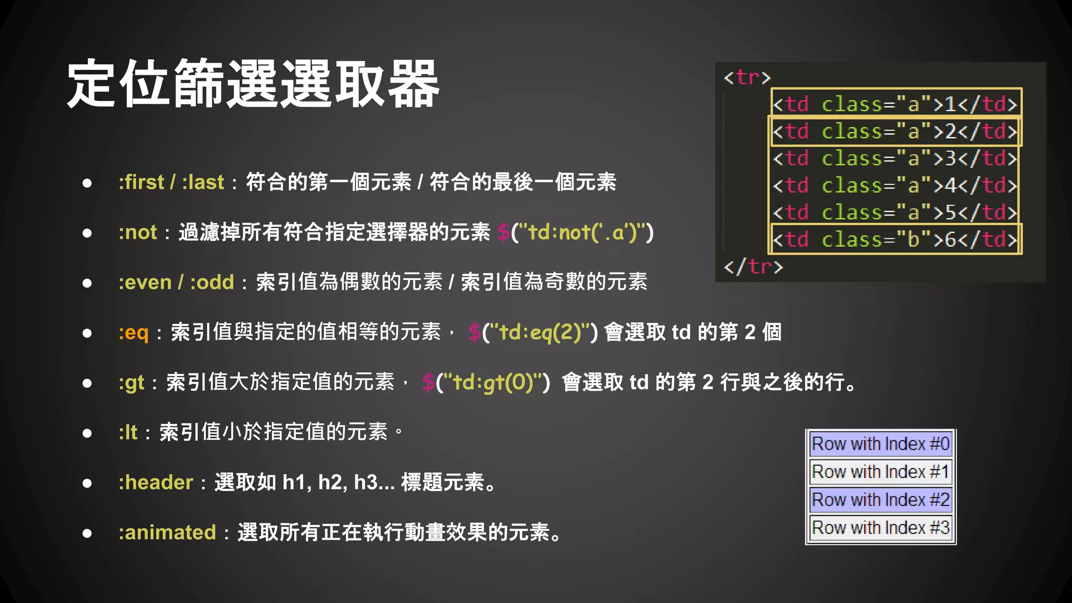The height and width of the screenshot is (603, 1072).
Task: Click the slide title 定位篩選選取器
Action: [253, 84]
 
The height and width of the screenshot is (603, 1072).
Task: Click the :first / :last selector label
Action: [171, 182]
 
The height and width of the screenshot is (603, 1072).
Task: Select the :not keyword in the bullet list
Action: [138, 232]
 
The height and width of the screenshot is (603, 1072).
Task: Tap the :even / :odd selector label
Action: [176, 282]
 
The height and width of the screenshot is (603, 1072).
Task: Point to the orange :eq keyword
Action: [133, 332]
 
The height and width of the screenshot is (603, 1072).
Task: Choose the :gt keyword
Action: [131, 383]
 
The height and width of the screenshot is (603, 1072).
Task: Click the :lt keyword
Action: [128, 432]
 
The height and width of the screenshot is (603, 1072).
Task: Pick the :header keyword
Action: [156, 482]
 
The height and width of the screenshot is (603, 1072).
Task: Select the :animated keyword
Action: [167, 532]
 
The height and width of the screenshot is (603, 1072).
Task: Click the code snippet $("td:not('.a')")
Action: [575, 232]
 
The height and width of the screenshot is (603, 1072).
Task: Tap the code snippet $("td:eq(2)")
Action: [533, 332]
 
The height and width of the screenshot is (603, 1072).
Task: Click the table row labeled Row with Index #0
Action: [880, 444]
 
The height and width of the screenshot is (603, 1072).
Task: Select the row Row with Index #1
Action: [880, 472]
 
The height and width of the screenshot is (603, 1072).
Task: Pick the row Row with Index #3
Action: [880, 528]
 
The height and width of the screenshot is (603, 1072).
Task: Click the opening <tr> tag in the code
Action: [747, 77]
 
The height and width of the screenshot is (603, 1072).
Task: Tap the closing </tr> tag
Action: [753, 267]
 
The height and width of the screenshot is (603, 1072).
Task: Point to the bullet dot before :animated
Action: [87, 533]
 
